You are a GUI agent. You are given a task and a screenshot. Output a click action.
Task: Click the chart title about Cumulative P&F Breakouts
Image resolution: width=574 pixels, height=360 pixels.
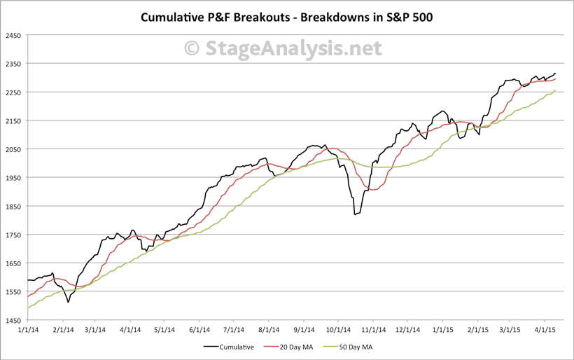pyautogui.click(x=287, y=16)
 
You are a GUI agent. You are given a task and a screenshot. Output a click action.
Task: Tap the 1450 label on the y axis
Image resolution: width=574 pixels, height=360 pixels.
pyautogui.click(x=14, y=320)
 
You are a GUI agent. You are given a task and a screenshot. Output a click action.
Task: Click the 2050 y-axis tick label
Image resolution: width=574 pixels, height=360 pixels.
pyautogui.click(x=14, y=149)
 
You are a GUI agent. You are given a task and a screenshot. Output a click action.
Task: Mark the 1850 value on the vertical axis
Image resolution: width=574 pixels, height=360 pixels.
pyautogui.click(x=14, y=206)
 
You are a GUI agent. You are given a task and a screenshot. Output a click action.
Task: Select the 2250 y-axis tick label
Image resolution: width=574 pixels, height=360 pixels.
pyautogui.click(x=14, y=92)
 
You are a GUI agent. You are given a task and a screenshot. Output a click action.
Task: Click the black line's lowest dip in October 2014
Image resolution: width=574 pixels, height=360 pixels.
pyautogui.click(x=355, y=214)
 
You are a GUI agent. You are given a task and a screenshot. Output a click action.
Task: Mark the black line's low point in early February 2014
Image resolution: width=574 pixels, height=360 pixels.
pyautogui.click(x=68, y=302)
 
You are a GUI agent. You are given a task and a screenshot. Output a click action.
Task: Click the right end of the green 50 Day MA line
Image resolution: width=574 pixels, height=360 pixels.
pyautogui.click(x=556, y=90)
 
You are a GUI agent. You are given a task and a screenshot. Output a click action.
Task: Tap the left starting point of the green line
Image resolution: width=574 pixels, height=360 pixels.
pyautogui.click(x=27, y=308)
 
